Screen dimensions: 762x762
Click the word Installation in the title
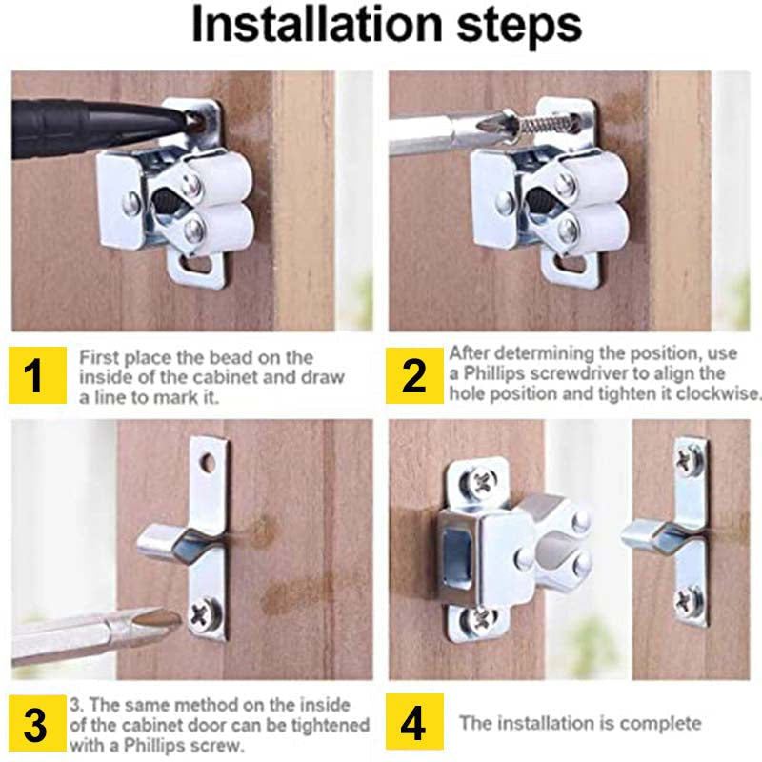point(314,27)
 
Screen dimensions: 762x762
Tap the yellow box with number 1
point(35,375)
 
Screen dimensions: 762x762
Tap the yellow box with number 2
point(414,375)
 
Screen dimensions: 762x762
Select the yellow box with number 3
point(35,725)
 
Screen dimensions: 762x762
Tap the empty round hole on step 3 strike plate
point(208,465)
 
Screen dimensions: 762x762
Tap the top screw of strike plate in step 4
point(689,460)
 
